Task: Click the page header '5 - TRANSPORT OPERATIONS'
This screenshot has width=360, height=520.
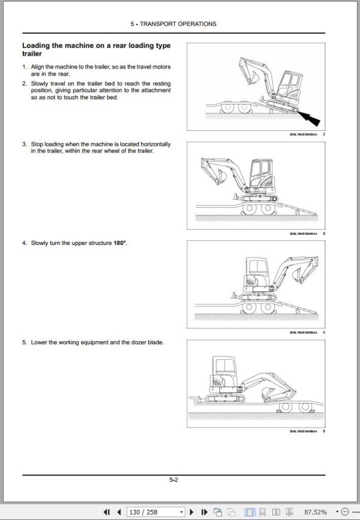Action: tap(173, 24)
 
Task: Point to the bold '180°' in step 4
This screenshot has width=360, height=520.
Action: tap(120, 243)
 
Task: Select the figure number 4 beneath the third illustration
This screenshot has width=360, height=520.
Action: tap(324, 332)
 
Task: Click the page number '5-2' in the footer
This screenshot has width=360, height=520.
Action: tap(173, 479)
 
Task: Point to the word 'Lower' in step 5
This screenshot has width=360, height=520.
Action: tap(40, 342)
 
